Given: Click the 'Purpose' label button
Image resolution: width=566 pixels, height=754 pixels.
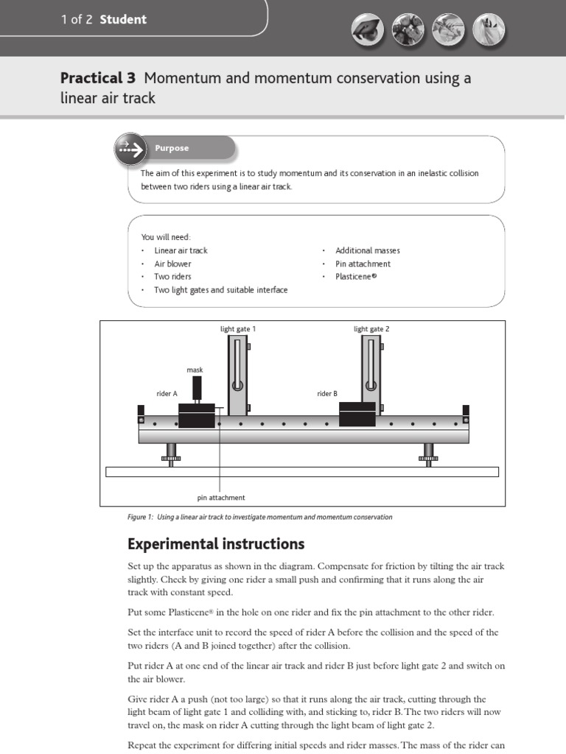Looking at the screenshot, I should (x=172, y=149).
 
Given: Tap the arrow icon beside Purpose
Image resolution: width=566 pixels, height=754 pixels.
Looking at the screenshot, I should (x=130, y=149).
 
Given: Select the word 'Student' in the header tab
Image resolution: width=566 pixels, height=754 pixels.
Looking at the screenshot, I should (x=123, y=20).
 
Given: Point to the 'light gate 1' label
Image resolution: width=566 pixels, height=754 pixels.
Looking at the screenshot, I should (x=238, y=329).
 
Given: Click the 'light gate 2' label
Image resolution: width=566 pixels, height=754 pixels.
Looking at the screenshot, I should (x=371, y=329).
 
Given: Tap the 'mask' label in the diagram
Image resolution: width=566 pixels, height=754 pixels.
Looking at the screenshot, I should (x=195, y=370).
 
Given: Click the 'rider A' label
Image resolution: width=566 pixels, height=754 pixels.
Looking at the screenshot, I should (x=167, y=394).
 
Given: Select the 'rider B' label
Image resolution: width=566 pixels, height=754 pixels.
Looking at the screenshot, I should (x=327, y=394).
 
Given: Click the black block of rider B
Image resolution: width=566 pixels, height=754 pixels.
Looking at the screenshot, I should (x=357, y=414).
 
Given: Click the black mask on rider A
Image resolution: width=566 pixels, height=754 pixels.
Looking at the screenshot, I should (x=197, y=387).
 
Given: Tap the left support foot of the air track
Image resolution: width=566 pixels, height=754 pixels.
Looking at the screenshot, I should (x=171, y=455).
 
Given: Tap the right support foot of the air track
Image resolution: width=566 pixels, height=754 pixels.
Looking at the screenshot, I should (x=428, y=455).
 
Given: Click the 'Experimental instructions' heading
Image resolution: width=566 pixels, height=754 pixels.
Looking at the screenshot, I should (x=216, y=544).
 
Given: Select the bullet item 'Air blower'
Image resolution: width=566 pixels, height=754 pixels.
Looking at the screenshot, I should (x=172, y=264).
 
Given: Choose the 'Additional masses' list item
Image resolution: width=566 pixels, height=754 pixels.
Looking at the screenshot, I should (x=368, y=250).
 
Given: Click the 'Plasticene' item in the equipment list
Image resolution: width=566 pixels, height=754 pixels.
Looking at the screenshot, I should (x=357, y=277).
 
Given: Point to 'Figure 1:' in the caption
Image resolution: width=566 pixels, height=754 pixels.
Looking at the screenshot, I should (x=140, y=517).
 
